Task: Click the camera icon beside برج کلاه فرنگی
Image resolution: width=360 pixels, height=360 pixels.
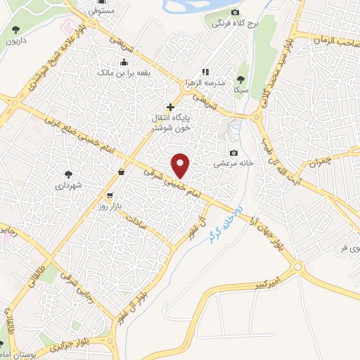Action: [x=235, y=12]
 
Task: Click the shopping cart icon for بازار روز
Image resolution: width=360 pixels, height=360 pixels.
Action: [x=110, y=196]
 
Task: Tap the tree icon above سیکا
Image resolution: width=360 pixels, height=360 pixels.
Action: [x=242, y=79]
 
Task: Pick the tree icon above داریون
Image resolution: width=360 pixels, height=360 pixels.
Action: [x=15, y=30]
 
